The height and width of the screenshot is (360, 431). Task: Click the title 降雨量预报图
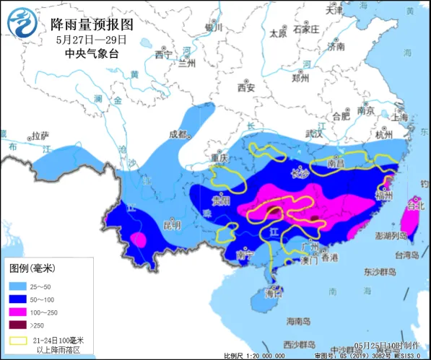click(x=92, y=24)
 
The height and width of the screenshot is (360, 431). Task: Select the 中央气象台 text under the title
click(x=91, y=53)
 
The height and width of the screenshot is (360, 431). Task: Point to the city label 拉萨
click(x=40, y=135)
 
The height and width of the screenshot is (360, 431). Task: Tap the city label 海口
click(x=274, y=294)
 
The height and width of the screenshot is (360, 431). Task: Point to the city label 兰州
click(x=187, y=63)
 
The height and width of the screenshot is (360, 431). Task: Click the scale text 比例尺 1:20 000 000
click(x=256, y=355)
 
